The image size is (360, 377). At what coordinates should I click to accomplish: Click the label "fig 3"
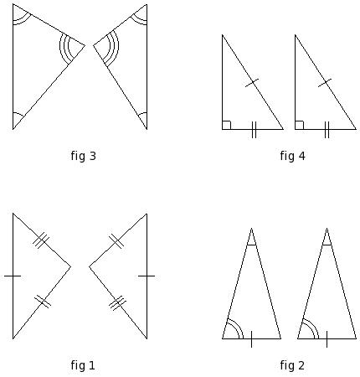(83, 156)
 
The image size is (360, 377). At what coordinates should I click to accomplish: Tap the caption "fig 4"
(292, 156)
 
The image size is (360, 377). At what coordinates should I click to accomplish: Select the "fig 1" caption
(83, 365)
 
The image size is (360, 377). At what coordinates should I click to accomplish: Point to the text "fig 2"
(292, 365)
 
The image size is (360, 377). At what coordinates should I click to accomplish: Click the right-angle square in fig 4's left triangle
(226, 125)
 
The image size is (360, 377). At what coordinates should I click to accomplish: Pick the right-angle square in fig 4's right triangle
(299, 125)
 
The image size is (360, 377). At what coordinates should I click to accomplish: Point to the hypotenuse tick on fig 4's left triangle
(252, 83)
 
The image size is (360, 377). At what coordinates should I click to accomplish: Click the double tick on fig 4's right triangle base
(327, 130)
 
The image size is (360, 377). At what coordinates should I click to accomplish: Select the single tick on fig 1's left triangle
(13, 276)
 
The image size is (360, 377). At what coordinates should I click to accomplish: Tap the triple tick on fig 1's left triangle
(41, 240)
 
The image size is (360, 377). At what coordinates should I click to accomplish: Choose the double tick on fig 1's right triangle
(116, 240)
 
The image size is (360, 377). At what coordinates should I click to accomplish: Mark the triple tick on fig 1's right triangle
(117, 302)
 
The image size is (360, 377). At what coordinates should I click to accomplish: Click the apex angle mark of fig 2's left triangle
(251, 245)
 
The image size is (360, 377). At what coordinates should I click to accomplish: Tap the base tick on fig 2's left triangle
(251, 339)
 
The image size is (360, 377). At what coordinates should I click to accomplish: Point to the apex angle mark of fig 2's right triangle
(327, 245)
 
